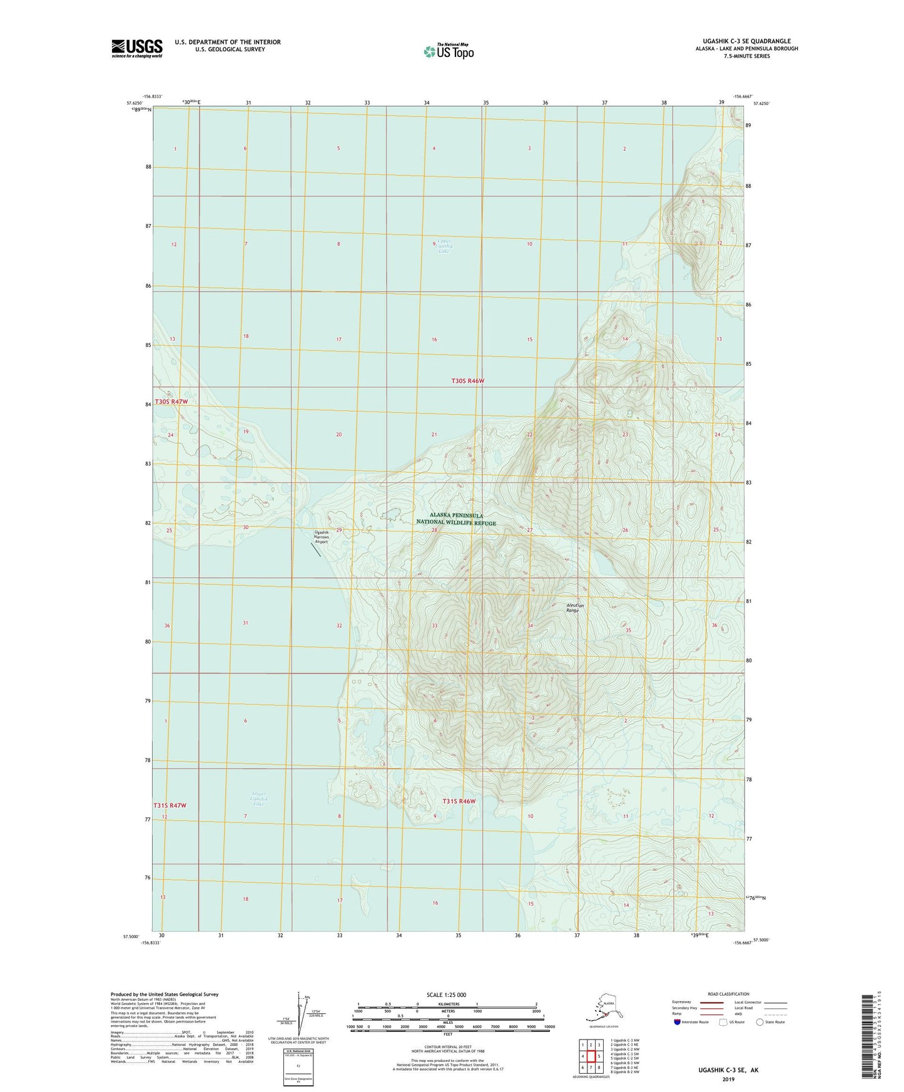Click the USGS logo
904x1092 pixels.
click(x=137, y=48)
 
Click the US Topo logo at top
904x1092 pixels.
click(x=448, y=51)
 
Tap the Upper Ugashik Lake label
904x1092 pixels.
click(x=444, y=245)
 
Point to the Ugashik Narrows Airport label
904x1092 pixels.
click(x=322, y=537)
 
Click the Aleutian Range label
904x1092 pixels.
click(x=575, y=607)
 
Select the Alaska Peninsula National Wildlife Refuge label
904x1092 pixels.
click(x=456, y=519)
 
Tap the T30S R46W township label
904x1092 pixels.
click(x=468, y=380)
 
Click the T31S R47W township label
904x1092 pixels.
click(x=170, y=806)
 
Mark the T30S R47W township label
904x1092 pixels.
click(x=171, y=402)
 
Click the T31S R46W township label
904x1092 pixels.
click(x=459, y=801)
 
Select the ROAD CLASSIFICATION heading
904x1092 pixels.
click(x=728, y=994)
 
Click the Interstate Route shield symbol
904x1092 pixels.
click(x=677, y=1023)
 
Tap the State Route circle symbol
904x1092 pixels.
click(x=759, y=1023)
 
